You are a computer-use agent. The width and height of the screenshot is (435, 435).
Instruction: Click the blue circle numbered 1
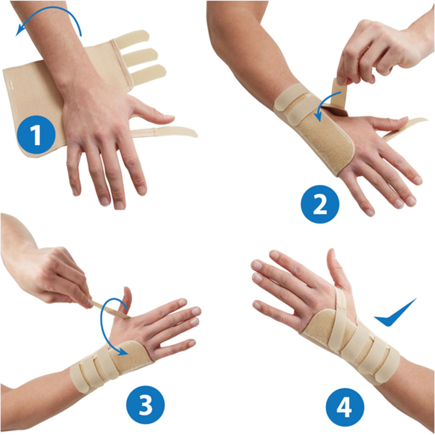36,135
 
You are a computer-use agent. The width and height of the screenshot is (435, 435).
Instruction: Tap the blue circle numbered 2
320,204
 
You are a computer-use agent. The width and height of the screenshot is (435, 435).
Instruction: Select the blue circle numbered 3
145,405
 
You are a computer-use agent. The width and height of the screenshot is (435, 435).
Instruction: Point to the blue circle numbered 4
345,407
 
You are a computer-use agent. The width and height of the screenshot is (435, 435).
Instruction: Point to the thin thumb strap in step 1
164,132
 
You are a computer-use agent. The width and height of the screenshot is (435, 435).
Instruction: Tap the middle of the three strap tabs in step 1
140,57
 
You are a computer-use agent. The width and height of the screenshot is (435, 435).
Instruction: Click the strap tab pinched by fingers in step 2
339,93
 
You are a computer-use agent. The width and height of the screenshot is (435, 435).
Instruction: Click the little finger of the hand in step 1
74,172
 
